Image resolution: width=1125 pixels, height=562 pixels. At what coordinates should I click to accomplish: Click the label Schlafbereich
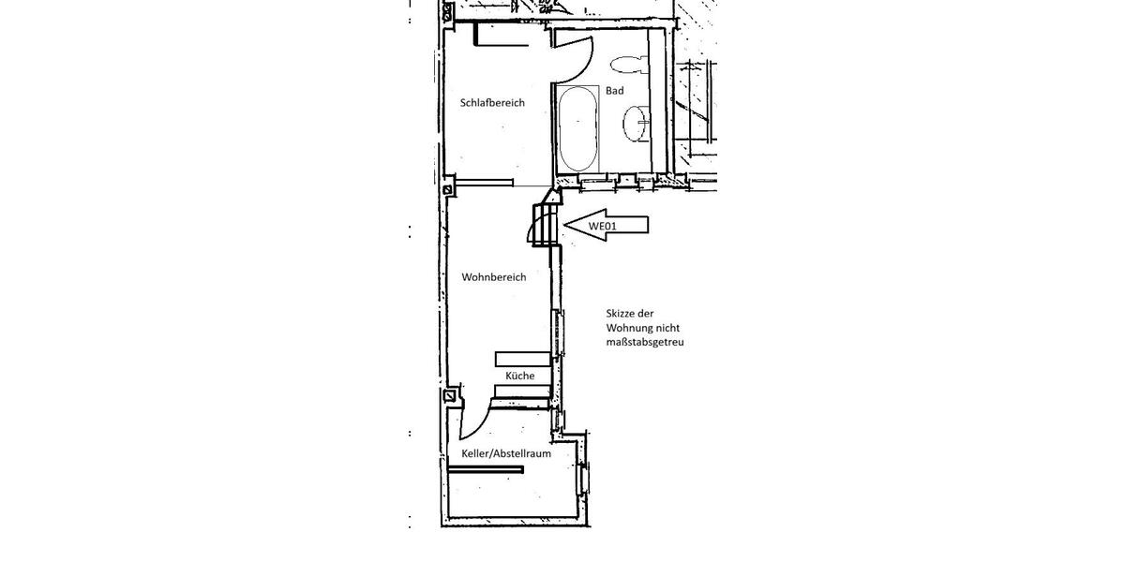[492, 103]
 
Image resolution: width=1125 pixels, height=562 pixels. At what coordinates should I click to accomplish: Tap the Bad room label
[614, 91]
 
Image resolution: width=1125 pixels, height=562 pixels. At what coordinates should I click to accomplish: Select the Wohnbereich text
[493, 277]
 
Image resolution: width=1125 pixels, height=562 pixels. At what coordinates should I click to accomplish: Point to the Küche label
[519, 376]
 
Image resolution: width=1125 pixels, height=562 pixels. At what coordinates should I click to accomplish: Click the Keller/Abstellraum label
[505, 453]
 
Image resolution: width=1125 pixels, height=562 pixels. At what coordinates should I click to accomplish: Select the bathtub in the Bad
[577, 127]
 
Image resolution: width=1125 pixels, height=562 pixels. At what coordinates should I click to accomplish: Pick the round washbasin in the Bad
[637, 123]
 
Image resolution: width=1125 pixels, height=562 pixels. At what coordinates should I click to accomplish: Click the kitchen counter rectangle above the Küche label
[522, 358]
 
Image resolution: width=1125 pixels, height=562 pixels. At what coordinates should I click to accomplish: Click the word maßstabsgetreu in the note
[647, 343]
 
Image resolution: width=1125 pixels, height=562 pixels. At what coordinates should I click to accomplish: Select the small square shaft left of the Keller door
[452, 396]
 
